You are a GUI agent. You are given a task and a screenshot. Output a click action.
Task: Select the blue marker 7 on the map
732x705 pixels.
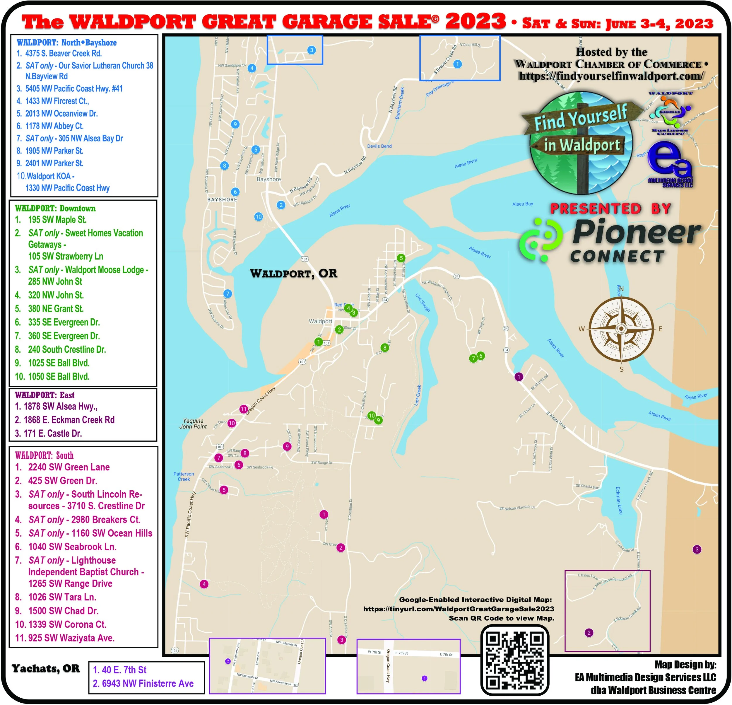tap(228, 294)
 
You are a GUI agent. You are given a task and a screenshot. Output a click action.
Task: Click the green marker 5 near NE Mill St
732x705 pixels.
tap(401, 258)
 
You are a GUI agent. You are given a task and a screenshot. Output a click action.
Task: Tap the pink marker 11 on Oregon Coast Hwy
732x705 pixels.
tap(244, 409)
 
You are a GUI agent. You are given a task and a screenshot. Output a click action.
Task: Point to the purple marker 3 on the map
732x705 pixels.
tap(697, 549)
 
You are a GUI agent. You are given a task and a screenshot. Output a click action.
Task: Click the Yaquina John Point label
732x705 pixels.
tap(193, 424)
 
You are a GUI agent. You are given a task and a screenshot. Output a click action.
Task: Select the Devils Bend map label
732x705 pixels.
tap(379, 146)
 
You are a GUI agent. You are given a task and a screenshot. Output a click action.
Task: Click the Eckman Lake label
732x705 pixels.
tap(619, 501)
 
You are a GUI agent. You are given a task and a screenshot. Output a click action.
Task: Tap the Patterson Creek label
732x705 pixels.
tap(184, 476)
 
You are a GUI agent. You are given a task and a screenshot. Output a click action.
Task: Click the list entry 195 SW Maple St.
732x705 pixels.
tap(57, 220)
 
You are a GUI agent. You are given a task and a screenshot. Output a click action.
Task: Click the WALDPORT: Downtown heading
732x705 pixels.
tap(55, 209)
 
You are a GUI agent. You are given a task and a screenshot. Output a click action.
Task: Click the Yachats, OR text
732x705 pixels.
tap(46, 668)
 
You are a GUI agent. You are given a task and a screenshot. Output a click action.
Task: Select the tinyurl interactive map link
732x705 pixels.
tap(459, 609)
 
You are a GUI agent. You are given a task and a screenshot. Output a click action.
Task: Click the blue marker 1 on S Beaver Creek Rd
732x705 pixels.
tap(457, 64)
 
